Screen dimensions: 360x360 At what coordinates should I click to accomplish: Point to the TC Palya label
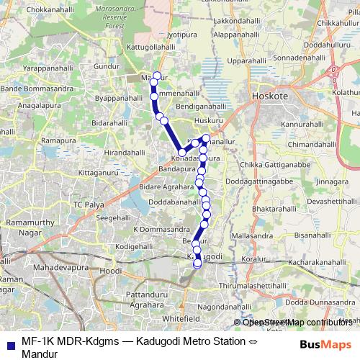(x=89, y=204)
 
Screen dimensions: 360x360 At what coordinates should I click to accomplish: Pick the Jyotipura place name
(x=181, y=33)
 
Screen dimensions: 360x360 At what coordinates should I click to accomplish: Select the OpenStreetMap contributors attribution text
(x=297, y=323)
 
